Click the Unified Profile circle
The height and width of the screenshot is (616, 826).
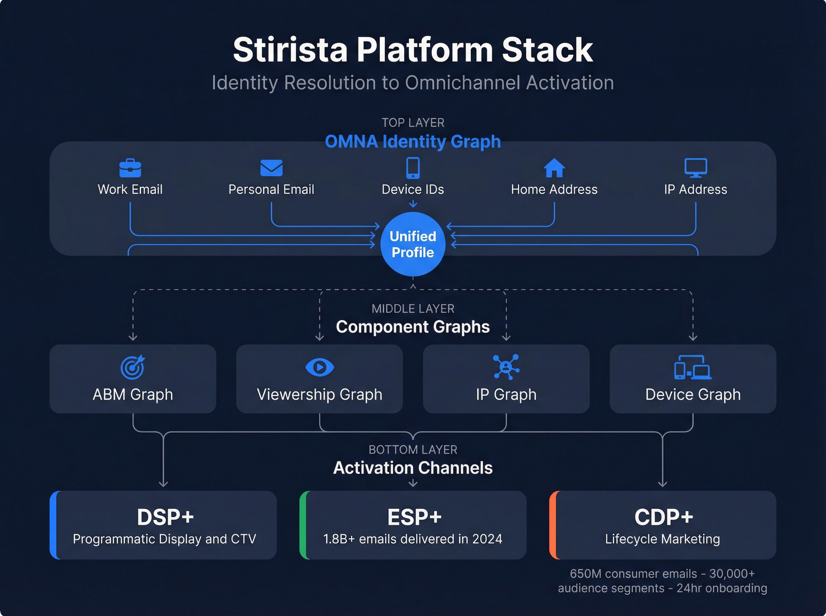coord(413,244)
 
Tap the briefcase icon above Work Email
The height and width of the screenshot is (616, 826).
coord(130,168)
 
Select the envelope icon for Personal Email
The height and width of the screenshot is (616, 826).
coord(271,168)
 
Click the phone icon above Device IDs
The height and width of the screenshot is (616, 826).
coord(413,168)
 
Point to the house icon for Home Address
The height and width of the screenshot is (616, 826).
coord(554,168)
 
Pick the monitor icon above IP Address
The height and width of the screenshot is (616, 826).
coord(696,167)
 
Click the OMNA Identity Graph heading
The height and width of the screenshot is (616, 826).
coord(413,141)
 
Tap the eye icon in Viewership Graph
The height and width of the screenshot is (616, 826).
coord(320,367)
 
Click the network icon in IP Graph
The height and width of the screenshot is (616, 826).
coord(506,367)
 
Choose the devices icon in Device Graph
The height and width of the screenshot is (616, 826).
coord(693,367)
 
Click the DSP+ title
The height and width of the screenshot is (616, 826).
coord(165,517)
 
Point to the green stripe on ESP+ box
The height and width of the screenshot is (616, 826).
coord(303,525)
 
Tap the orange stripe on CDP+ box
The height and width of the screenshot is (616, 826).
coord(553,525)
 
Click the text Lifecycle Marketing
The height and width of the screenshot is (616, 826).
coord(663,539)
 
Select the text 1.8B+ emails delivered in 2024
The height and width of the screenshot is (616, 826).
coord(413,539)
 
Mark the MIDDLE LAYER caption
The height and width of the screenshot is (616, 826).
coord(413,308)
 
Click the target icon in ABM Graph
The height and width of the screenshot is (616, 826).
coord(133,367)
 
